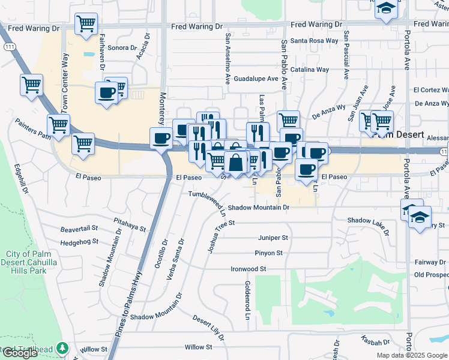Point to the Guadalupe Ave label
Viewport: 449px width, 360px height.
click(256, 79)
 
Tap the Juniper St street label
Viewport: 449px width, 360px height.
click(273, 238)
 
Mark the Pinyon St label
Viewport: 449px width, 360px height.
click(268, 253)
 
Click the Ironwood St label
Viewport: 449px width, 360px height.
click(248, 269)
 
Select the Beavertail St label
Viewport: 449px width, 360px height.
click(79, 229)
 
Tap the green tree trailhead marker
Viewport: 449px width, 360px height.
click(62, 349)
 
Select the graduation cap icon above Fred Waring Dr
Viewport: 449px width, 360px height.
click(387, 8)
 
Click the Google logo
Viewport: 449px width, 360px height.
click(19, 353)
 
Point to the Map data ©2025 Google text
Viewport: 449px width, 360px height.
click(412, 355)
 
